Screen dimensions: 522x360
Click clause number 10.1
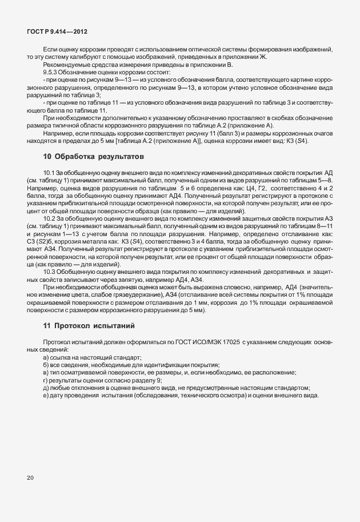point(50,172)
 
